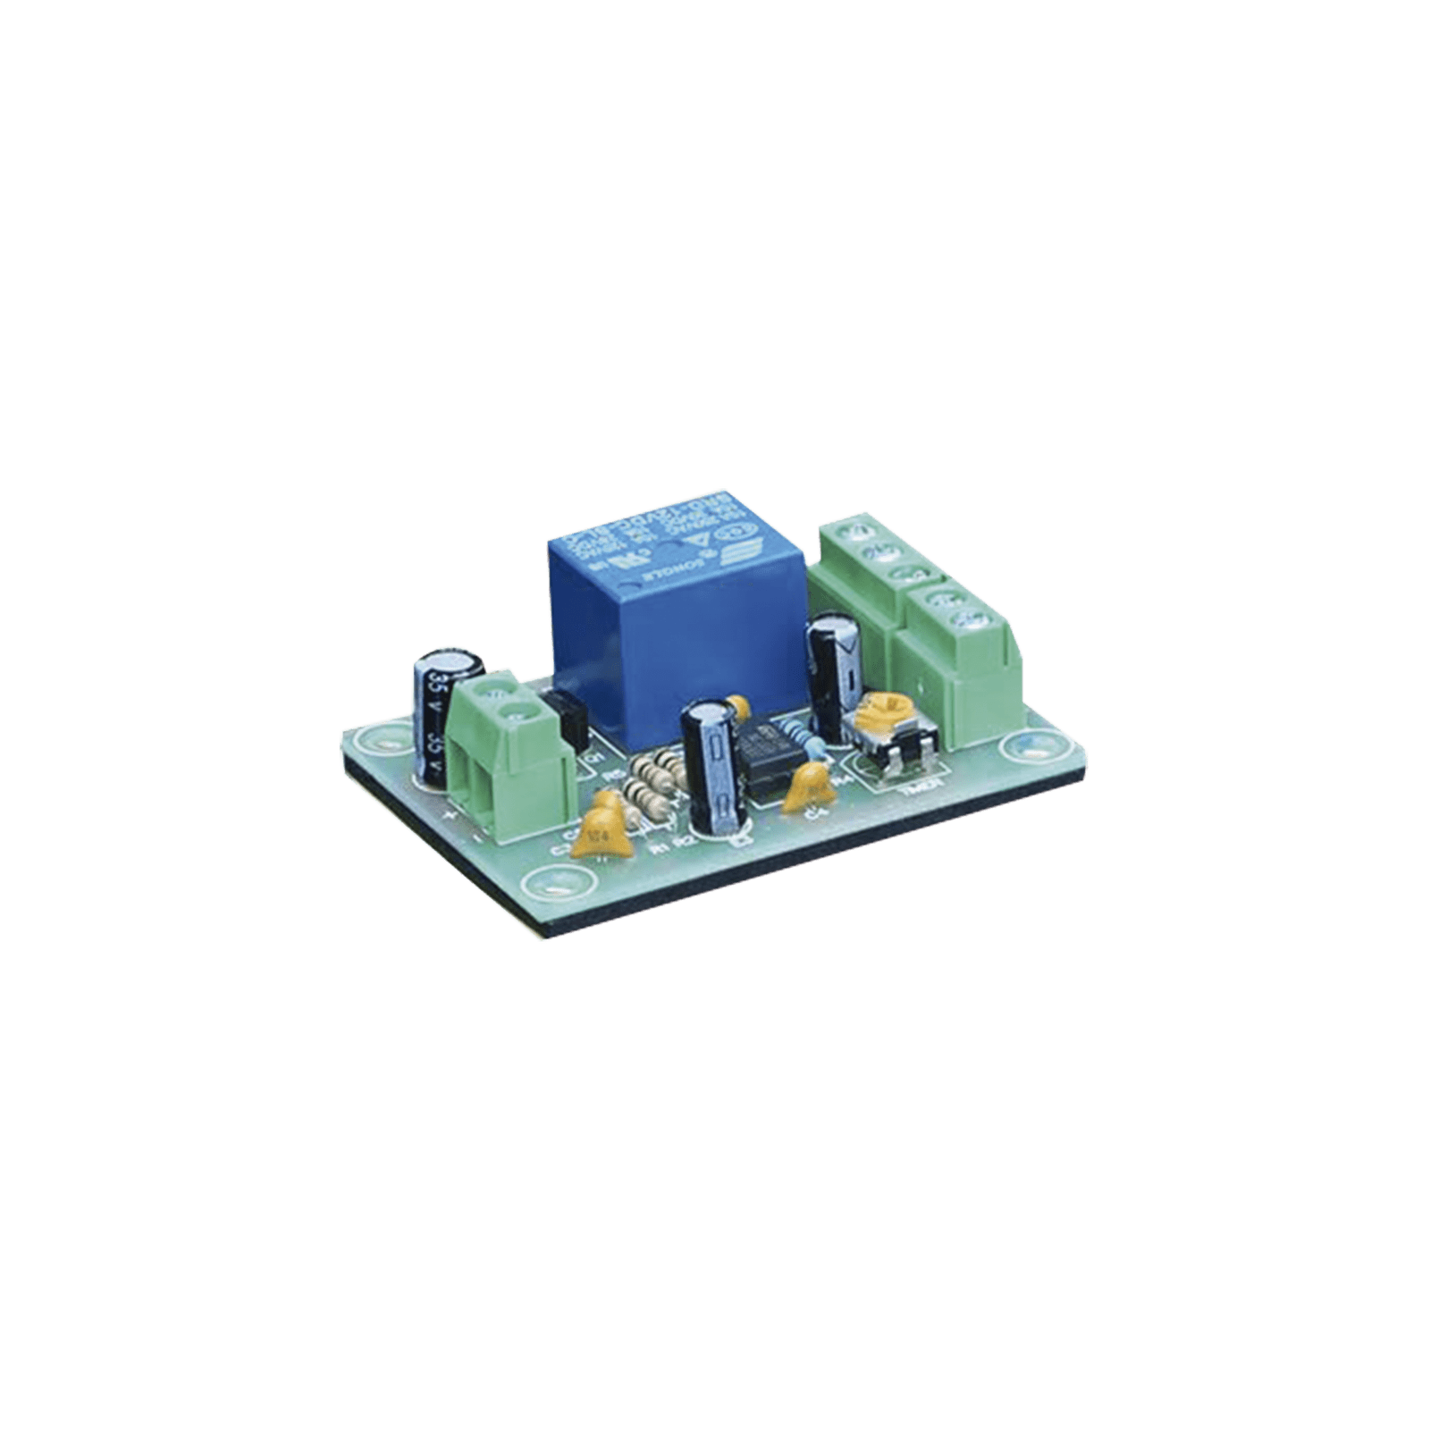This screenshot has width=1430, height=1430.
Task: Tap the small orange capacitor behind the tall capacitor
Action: [x=736, y=706]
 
